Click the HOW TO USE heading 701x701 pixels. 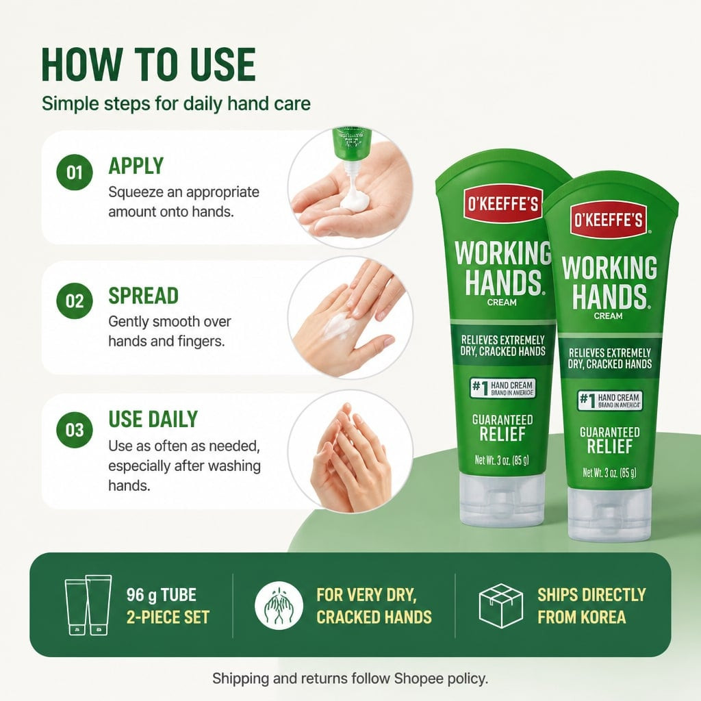[x=149, y=65]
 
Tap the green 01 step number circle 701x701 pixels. [x=75, y=173]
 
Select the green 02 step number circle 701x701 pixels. [x=75, y=301]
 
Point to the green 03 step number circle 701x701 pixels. [x=75, y=430]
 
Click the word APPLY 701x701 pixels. [x=136, y=166]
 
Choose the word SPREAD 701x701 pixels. [x=144, y=296]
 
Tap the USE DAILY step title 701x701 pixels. [x=153, y=420]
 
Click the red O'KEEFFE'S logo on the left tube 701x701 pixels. [x=503, y=204]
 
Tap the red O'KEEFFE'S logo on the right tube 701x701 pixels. [x=609, y=220]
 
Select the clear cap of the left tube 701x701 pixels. [x=502, y=499]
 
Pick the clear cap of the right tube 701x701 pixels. [x=609, y=513]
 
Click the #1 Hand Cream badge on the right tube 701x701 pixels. [x=610, y=400]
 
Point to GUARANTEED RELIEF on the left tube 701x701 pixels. [x=502, y=427]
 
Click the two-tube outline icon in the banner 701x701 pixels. [x=88, y=604]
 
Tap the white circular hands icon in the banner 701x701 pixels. [x=279, y=606]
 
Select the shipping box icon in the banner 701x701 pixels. [x=500, y=605]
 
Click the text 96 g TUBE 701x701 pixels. [x=162, y=595]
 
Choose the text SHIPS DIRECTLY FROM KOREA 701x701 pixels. [x=591, y=606]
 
